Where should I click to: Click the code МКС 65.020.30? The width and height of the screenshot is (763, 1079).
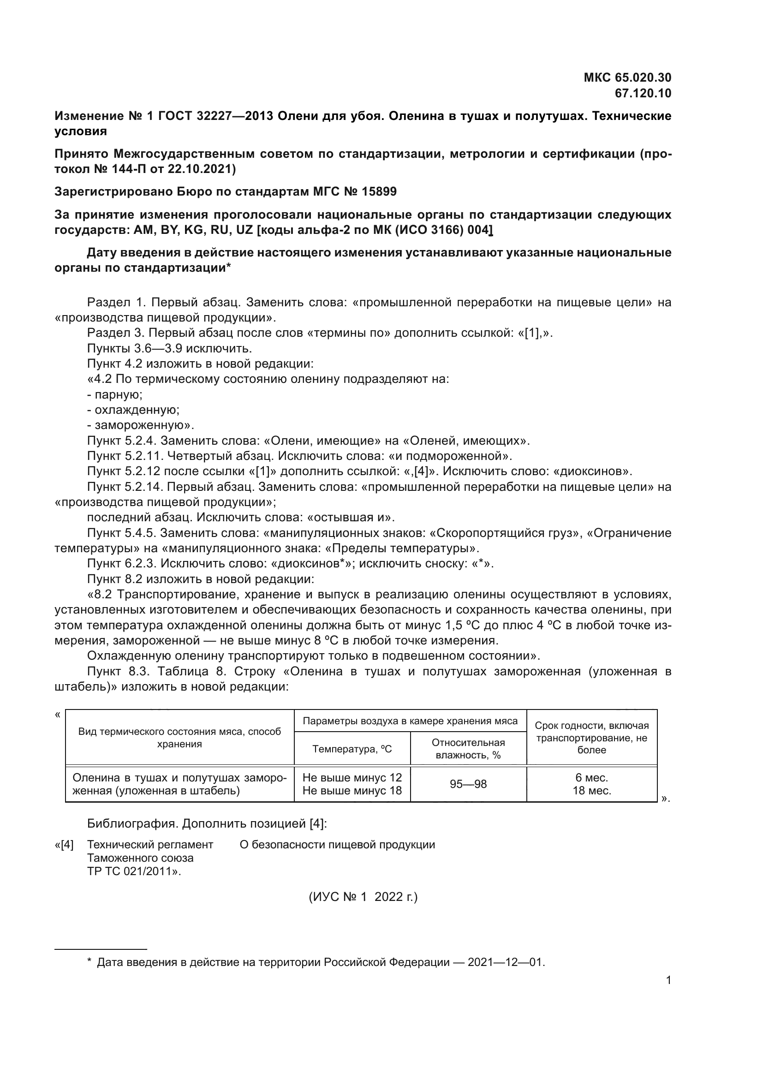point(627,77)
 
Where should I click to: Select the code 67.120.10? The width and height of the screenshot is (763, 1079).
point(643,93)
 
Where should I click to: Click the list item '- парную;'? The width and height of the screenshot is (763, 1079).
point(115,394)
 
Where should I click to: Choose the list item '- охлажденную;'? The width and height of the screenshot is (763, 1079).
point(133,410)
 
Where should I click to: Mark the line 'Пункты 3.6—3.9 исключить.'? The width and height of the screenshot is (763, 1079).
point(170,348)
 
